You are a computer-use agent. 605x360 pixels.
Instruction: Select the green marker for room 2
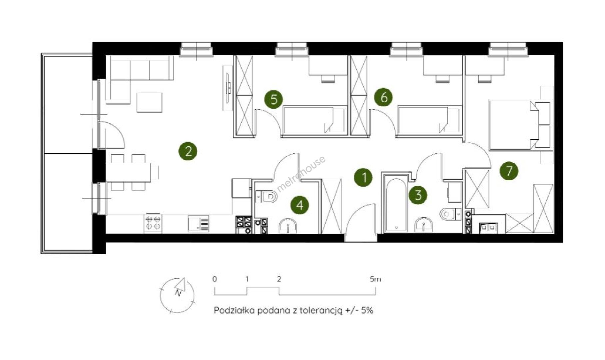(188, 151)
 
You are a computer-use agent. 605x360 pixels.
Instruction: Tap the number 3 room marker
(418, 195)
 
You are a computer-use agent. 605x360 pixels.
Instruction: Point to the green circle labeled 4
(300, 205)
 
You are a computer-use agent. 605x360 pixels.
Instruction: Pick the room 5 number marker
(274, 99)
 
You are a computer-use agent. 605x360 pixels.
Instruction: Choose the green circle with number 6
(383, 97)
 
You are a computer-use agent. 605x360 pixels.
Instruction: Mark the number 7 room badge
(509, 171)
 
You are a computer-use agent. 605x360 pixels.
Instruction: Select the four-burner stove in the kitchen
(153, 223)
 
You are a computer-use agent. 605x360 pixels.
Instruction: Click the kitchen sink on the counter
(199, 223)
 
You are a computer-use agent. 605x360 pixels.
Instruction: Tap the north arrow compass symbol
(177, 295)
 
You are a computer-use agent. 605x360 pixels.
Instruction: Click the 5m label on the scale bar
(375, 279)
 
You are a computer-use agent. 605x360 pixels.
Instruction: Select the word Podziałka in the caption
(234, 310)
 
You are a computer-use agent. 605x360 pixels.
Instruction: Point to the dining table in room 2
(128, 172)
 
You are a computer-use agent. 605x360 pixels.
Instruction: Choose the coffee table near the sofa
(150, 102)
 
